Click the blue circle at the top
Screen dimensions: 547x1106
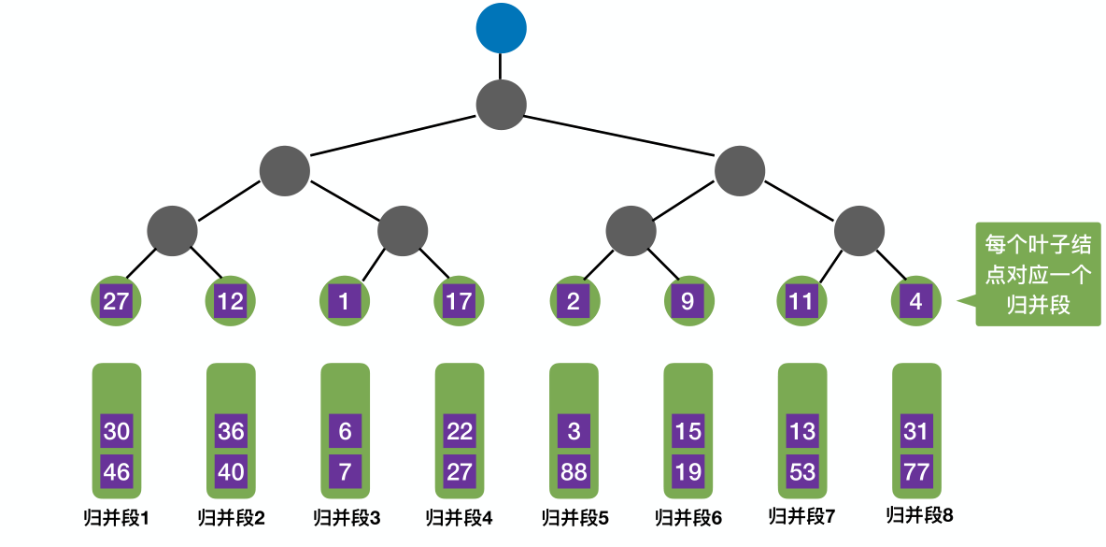(501, 28)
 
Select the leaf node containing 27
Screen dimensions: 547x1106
(116, 302)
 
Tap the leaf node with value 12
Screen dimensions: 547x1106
(230, 302)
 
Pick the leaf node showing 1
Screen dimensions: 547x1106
(345, 302)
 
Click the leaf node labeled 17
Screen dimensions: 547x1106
(459, 302)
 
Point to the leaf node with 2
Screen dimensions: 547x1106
(573, 302)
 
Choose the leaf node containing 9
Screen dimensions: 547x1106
(688, 302)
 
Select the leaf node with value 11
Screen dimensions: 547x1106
(801, 302)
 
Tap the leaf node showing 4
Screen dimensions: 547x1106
(916, 302)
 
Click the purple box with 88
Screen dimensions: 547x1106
(574, 471)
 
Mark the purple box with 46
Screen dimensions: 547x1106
(117, 471)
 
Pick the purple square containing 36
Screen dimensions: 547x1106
(231, 432)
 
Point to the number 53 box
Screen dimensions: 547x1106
(802, 471)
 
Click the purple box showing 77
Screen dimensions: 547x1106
(916, 471)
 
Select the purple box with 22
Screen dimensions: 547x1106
(460, 432)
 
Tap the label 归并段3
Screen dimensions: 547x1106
(346, 517)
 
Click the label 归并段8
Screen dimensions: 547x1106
(919, 514)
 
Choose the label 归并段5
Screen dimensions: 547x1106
(574, 517)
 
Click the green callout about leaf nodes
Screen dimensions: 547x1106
(1038, 274)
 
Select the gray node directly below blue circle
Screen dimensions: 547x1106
(501, 103)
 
